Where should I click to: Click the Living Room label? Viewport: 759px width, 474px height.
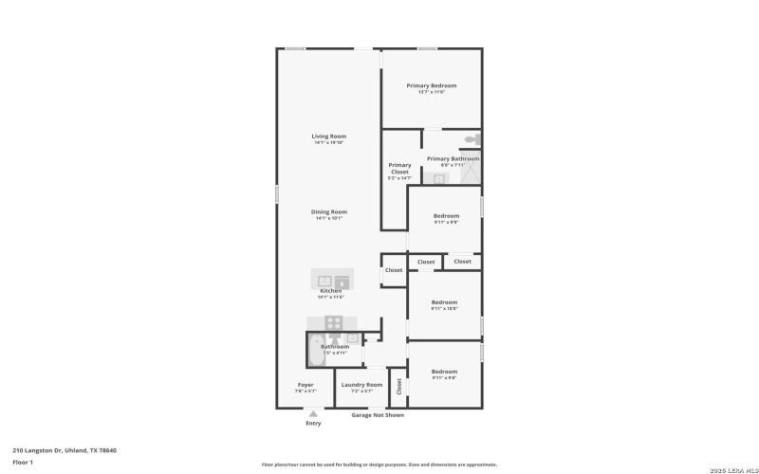[329, 137]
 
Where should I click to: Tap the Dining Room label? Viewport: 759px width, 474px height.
[329, 211]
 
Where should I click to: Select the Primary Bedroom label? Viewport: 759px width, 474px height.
[432, 85]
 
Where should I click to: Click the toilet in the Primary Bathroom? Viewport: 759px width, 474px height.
[472, 141]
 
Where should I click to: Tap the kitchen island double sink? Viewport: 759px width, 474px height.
[332, 281]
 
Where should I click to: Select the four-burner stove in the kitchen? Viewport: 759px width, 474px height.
[333, 322]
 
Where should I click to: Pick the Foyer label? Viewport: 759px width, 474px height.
[305, 385]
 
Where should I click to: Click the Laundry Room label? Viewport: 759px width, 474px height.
[361, 385]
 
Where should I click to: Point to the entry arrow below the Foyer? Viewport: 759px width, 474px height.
[312, 413]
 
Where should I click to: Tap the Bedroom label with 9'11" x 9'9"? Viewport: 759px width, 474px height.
[445, 215]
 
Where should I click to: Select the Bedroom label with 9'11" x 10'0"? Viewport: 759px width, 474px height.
[444, 302]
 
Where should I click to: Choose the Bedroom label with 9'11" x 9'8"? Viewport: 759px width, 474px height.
[444, 372]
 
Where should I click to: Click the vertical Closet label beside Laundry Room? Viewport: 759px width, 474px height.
[399, 387]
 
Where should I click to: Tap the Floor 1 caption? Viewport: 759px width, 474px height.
[23, 462]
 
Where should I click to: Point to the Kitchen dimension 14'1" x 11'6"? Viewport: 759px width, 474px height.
[330, 297]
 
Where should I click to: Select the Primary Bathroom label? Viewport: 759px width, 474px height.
[453, 158]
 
